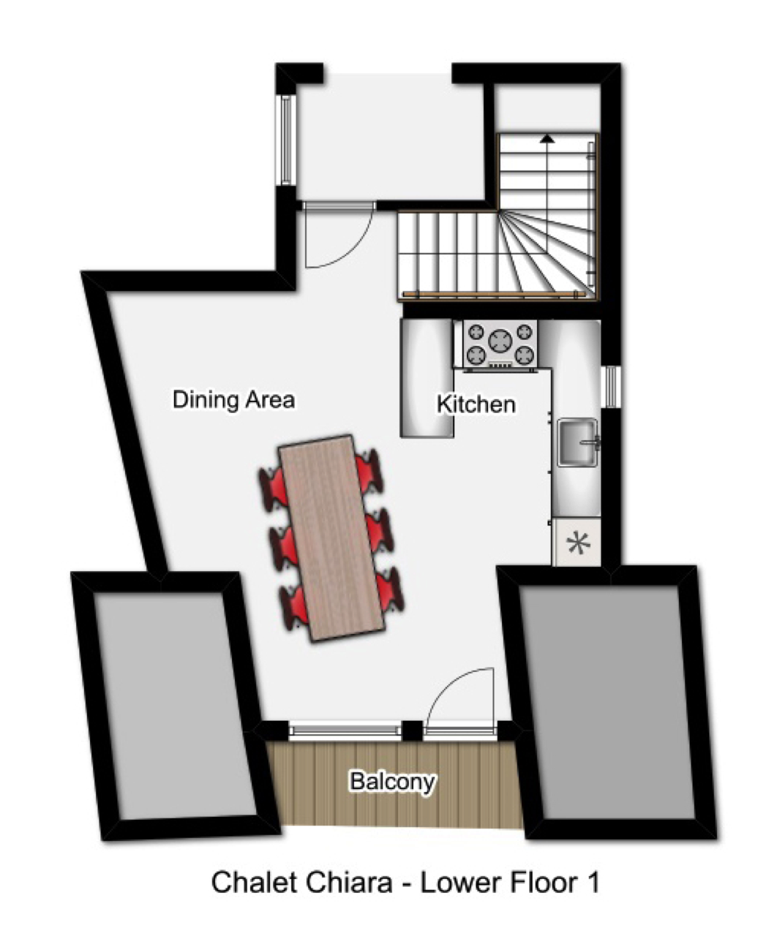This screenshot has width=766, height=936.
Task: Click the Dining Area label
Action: point(233,399)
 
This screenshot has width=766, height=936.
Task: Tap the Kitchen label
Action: point(476,404)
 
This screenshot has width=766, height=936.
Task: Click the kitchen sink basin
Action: point(577,442)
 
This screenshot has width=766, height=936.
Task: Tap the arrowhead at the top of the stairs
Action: point(547,139)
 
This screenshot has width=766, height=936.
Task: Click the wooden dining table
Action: point(331,537)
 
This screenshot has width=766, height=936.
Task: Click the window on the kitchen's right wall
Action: point(612,386)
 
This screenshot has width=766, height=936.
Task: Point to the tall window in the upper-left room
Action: point(285,140)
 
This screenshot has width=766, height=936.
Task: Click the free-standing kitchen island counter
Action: point(427,378)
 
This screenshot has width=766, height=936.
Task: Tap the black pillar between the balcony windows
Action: point(412,731)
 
